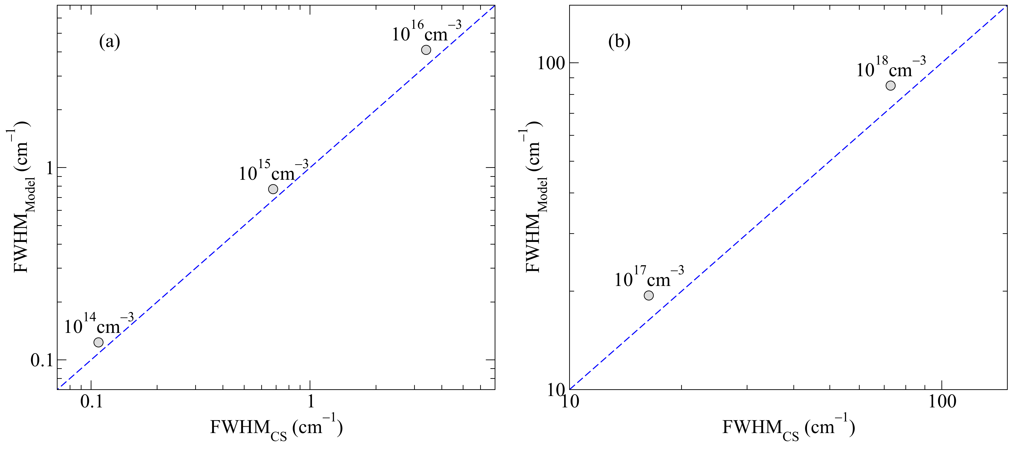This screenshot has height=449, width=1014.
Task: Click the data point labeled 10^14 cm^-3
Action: point(98,342)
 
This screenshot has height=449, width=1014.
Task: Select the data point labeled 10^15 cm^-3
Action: point(273,189)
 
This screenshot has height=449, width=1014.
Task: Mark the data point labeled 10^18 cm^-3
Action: point(890,85)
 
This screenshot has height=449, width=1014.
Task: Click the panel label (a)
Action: point(109,42)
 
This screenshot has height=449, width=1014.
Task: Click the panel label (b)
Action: point(619,42)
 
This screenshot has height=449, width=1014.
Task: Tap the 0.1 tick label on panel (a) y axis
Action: point(42,360)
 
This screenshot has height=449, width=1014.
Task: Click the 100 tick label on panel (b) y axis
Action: point(551,63)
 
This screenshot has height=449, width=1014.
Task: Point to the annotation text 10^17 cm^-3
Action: point(649,278)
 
